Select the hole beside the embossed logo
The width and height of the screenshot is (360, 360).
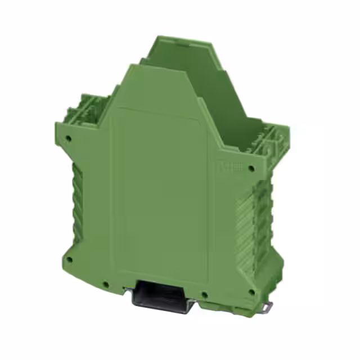pyautogui.click(x=251, y=167)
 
